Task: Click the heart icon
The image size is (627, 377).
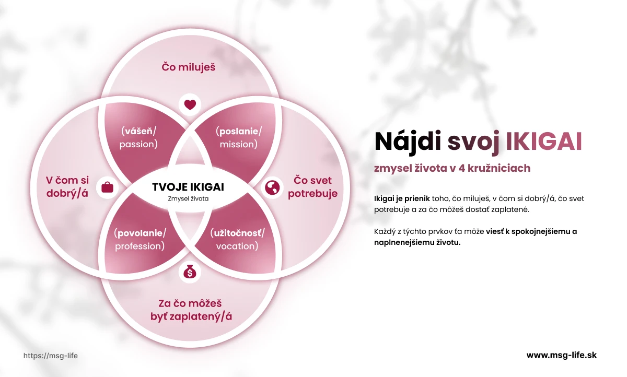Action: tap(190, 104)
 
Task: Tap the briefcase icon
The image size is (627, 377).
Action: tap(107, 187)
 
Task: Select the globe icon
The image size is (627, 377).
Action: tap(272, 187)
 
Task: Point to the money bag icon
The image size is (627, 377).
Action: tap(190, 272)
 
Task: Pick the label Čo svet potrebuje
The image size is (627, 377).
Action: tap(312, 187)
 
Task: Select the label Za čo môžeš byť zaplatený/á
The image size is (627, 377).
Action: tap(190, 310)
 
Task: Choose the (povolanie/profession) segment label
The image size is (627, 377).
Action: tap(140, 240)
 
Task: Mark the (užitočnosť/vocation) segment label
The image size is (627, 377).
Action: tap(237, 240)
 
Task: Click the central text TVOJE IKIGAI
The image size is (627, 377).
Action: tap(188, 187)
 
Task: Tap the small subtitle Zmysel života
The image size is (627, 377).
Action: tap(188, 199)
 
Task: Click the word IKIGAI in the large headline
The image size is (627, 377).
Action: tap(543, 143)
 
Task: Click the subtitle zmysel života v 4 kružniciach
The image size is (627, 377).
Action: tap(452, 168)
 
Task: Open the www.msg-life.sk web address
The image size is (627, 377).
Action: tap(561, 355)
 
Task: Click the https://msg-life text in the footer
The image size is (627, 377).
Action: tap(51, 356)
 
